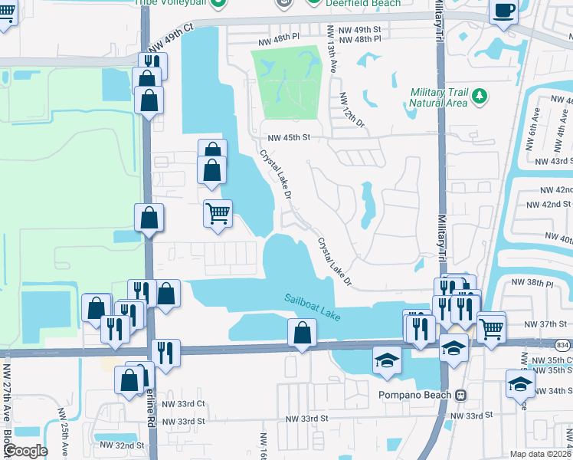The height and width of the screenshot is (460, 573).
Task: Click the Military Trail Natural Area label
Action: coord(438,97)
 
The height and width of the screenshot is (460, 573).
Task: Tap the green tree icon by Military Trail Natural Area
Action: coord(480,96)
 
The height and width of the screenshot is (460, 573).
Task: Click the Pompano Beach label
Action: coord(417,395)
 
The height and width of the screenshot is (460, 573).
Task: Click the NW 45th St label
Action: coord(288,138)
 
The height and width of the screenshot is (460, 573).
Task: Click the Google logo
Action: coord(25,451)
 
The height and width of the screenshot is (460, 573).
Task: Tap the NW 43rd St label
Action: coord(555,161)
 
